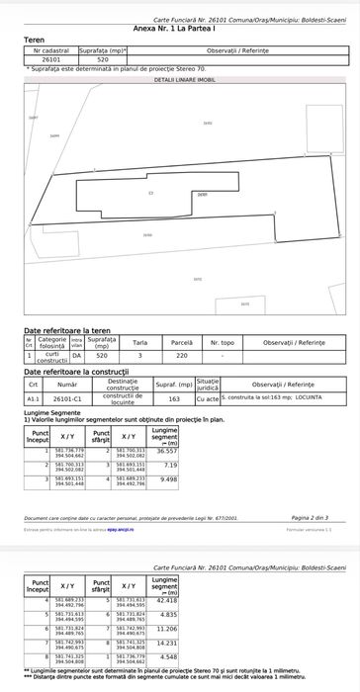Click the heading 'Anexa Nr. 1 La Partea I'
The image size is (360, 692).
180,31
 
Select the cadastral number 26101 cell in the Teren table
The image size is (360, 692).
48,60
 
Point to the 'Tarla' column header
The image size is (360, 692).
140,344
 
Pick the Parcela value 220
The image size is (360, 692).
182,355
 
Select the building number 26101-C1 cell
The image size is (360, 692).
68,398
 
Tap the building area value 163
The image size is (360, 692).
174,398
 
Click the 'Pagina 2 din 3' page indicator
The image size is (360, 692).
311,517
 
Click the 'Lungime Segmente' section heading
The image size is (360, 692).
48,413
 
